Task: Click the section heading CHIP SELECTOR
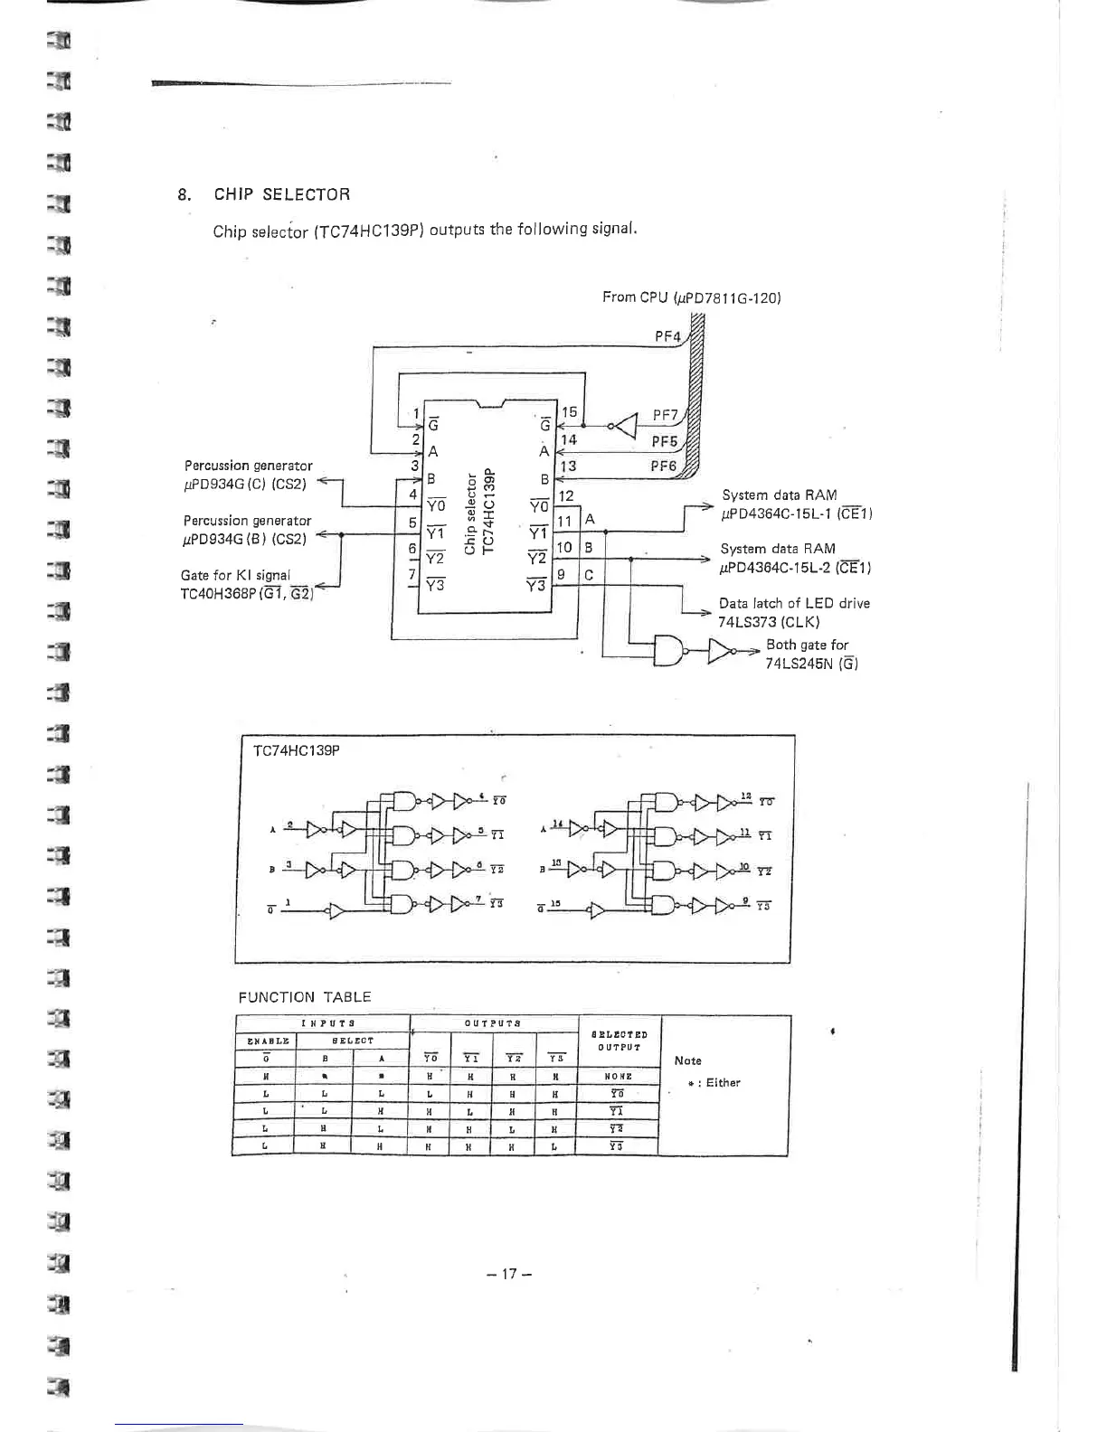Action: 281,194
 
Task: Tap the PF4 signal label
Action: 667,336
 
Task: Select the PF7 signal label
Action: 665,415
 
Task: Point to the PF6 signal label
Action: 663,466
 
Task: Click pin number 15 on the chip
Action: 569,412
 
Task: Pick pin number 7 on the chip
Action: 412,574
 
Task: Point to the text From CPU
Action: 633,297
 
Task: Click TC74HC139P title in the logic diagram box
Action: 296,750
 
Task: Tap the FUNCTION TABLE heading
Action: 304,997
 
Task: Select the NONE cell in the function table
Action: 619,1077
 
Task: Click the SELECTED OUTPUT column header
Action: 620,1041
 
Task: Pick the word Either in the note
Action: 723,1082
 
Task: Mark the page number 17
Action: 507,1274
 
